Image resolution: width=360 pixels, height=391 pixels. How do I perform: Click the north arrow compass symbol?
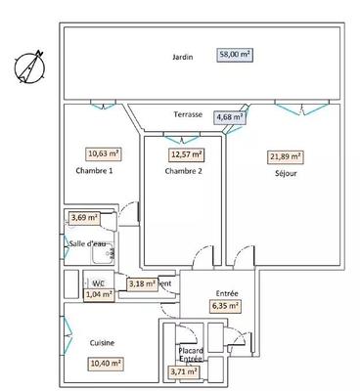28,67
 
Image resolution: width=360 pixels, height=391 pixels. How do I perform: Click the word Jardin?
181,57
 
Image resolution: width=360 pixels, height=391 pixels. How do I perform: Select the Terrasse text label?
188,114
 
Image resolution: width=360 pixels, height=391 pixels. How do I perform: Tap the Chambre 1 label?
94,172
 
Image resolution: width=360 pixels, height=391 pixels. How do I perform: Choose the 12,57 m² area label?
186,153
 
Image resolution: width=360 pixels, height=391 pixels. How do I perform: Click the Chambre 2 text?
183,172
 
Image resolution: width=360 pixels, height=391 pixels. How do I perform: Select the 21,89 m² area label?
286,156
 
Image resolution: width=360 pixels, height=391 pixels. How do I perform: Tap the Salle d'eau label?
88,242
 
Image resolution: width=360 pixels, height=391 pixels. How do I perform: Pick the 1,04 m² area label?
99,292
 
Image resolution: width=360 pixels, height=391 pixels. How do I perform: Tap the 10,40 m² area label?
106,364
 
